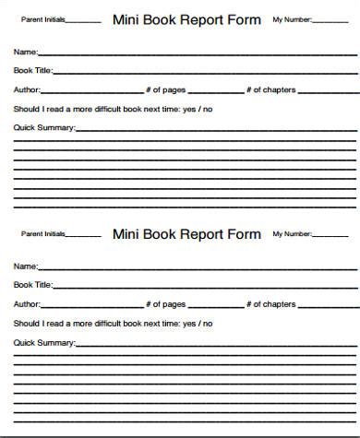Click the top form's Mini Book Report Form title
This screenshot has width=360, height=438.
pos(186,18)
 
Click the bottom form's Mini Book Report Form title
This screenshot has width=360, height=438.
pos(186,233)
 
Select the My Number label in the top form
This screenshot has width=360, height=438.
pos(292,19)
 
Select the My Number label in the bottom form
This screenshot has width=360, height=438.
pos(292,234)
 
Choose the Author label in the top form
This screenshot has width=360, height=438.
pos(27,89)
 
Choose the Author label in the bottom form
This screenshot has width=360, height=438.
pos(27,304)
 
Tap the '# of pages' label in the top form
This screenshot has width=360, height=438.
pos(166,89)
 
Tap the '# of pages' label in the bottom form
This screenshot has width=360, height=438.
pos(166,304)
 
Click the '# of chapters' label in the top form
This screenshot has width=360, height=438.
pos(272,89)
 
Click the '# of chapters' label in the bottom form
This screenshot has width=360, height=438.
pos(272,304)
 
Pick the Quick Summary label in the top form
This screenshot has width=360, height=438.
pos(44,127)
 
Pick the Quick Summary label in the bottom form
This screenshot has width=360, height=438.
pos(44,343)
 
